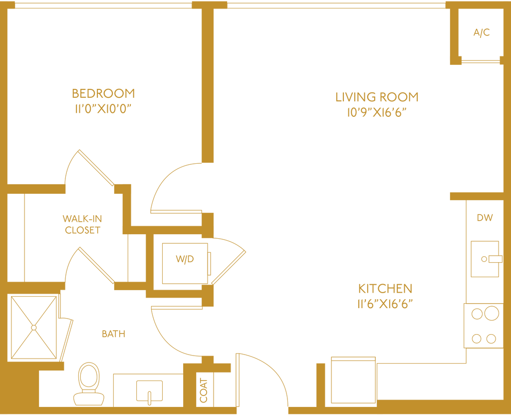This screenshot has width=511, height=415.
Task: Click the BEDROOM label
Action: [103, 93]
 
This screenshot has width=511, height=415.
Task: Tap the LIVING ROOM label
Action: [377, 96]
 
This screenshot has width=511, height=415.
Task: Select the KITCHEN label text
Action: [385, 289]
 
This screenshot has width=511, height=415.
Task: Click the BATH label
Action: [113, 334]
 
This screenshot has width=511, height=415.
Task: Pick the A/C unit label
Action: [482, 33]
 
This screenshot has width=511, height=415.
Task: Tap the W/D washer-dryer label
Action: [184, 259]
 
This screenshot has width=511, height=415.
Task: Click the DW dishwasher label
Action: [485, 218]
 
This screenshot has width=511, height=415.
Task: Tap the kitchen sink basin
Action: [485, 258]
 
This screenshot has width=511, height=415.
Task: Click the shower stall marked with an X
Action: [33, 327]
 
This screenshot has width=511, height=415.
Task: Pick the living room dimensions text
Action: [377, 113]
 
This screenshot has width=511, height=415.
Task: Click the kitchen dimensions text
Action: [385, 304]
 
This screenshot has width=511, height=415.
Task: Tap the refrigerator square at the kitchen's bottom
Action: [353, 380]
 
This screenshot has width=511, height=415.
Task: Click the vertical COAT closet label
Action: [203, 390]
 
